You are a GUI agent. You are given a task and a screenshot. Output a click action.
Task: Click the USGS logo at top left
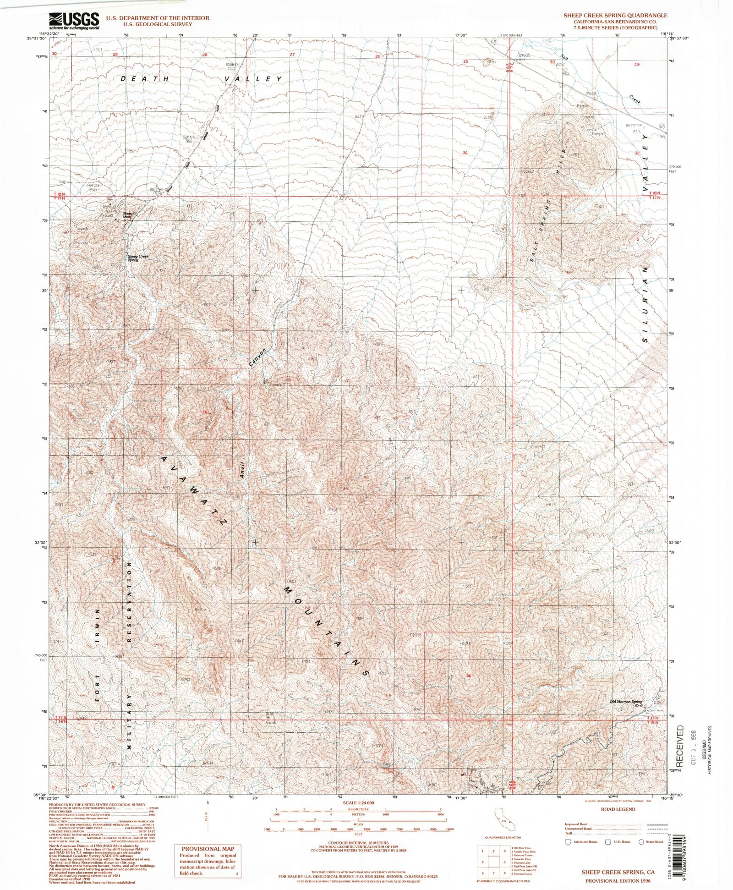[74, 21]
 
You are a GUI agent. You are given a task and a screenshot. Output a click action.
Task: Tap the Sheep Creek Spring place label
[137, 258]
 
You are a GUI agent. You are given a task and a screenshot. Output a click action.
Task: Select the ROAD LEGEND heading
[617, 809]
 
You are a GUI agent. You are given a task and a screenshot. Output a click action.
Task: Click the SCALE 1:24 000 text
[358, 803]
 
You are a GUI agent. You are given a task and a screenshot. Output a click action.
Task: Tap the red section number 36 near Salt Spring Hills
[465, 153]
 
